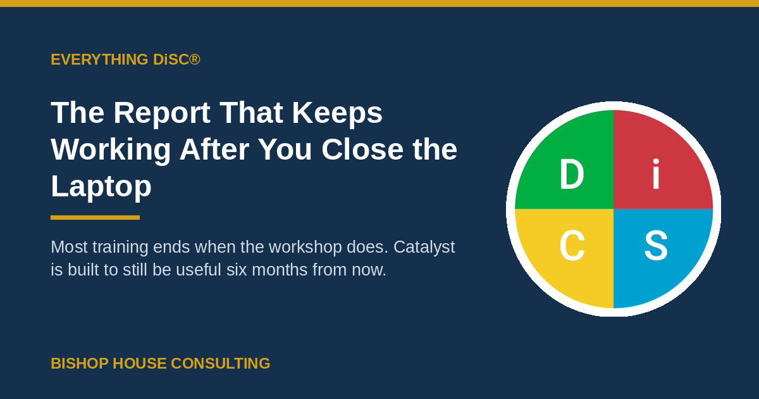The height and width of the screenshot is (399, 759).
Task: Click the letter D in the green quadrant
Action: click(x=572, y=174)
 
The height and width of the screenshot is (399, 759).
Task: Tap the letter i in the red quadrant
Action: click(x=656, y=174)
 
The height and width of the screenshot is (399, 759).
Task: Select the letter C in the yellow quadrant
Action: click(x=572, y=245)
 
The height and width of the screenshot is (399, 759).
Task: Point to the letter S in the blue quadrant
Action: click(x=656, y=245)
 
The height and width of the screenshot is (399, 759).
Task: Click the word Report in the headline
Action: click(x=162, y=113)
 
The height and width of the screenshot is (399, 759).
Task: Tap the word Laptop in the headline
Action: click(x=101, y=187)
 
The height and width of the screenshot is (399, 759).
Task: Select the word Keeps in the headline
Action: click(x=337, y=113)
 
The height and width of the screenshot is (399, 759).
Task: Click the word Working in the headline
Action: click(x=111, y=150)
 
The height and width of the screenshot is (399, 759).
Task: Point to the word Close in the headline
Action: click(x=362, y=149)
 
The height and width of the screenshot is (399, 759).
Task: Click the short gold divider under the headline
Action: click(x=96, y=217)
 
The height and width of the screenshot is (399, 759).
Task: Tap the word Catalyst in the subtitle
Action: click(x=424, y=248)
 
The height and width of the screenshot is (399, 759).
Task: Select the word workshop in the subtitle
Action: click(x=291, y=248)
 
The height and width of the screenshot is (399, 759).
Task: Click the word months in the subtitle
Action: click(x=280, y=270)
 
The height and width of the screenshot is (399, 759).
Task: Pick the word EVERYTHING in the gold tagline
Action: click(x=99, y=60)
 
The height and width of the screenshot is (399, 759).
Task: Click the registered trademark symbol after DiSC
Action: click(x=195, y=60)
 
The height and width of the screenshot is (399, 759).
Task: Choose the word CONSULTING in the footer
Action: click(x=221, y=364)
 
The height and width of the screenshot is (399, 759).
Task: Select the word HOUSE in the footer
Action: click(x=140, y=364)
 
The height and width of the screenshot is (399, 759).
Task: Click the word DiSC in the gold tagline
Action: click(x=171, y=60)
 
